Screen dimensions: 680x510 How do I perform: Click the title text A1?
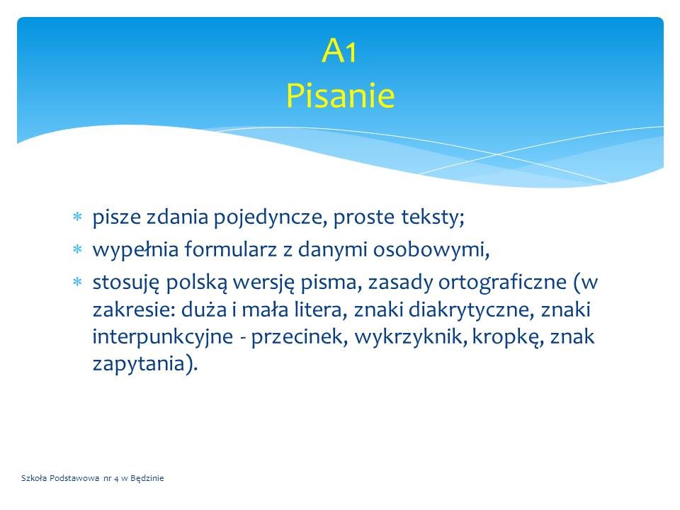(339, 51)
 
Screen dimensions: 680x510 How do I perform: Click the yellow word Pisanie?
(341, 95)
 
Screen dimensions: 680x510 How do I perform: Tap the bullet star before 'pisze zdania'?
(77, 217)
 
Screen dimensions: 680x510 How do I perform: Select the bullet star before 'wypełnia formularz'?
(77, 249)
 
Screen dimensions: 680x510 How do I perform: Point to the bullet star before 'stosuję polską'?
(77, 283)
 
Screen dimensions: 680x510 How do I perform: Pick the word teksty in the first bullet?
(432, 217)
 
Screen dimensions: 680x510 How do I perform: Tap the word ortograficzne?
(502, 283)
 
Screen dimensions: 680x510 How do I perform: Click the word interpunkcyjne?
(163, 337)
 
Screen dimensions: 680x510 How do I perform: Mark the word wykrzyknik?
(410, 336)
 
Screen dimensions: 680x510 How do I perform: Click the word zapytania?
(139, 364)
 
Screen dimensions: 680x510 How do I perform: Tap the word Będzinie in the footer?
(147, 478)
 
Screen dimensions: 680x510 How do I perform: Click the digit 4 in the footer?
(116, 479)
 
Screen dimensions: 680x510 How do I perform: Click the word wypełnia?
(135, 250)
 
